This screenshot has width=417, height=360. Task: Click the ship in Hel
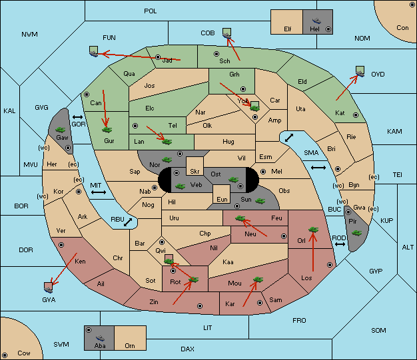[x=316, y=21]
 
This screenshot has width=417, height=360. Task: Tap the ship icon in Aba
[x=101, y=337]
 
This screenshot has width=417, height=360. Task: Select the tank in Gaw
[x=61, y=130]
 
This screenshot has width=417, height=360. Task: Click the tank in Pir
[x=356, y=233]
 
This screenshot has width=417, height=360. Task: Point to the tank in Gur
[x=107, y=130]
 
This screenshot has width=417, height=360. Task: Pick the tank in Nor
[x=167, y=160]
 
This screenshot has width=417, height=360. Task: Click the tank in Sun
[x=260, y=201]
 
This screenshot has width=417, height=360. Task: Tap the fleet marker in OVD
[x=360, y=71]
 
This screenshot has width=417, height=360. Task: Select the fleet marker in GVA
[x=49, y=287]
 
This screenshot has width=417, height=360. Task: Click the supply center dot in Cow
[x=5, y=355]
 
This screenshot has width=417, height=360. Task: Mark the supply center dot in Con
[x=412, y=5]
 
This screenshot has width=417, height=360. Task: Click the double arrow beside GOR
[x=78, y=117]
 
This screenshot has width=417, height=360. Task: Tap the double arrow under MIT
[x=99, y=192]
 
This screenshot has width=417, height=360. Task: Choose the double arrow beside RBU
[x=128, y=222]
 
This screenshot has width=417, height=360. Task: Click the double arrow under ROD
[x=340, y=244]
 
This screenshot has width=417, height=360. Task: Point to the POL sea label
[x=151, y=11]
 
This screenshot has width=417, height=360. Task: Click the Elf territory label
[x=288, y=29]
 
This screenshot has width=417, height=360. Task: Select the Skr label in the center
[x=195, y=172]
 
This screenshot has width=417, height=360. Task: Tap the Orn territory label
[x=130, y=345]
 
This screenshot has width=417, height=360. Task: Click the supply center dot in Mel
[x=263, y=172]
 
